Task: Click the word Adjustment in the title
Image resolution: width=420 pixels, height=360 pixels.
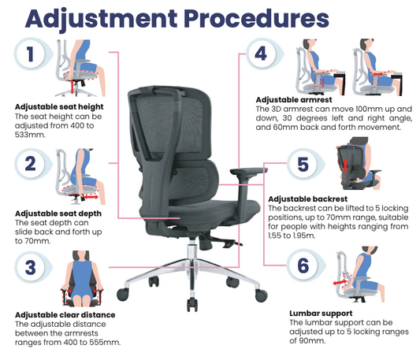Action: click(101, 20)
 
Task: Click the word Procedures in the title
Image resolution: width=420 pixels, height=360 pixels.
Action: click(257, 18)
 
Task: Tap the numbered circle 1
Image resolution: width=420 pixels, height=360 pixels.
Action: click(30, 54)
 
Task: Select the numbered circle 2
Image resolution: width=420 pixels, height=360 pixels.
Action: click(30, 163)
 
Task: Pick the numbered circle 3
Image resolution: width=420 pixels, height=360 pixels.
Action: click(30, 267)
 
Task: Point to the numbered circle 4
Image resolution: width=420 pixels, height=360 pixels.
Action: click(261, 54)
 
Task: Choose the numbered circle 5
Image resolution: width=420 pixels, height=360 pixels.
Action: click(303, 164)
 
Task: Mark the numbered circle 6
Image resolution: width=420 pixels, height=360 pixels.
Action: click(303, 265)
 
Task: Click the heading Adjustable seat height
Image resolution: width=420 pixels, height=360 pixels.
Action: click(59, 107)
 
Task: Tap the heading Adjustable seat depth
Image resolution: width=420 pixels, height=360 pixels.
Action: click(58, 213)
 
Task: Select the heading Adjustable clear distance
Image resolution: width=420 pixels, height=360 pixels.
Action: click(65, 315)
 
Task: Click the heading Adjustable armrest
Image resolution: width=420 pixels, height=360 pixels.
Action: click(294, 100)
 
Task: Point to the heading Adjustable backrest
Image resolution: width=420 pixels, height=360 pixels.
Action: click(308, 199)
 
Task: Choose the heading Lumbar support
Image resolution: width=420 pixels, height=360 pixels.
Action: click(321, 314)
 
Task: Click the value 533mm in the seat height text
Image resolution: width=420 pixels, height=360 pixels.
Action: click(30, 135)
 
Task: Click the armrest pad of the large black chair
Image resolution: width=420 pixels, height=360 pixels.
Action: click(249, 171)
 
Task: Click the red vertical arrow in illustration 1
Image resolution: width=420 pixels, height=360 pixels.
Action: click(72, 87)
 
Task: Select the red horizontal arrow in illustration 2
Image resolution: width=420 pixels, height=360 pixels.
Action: click(91, 197)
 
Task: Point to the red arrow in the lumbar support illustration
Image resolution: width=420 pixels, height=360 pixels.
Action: click(340, 282)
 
